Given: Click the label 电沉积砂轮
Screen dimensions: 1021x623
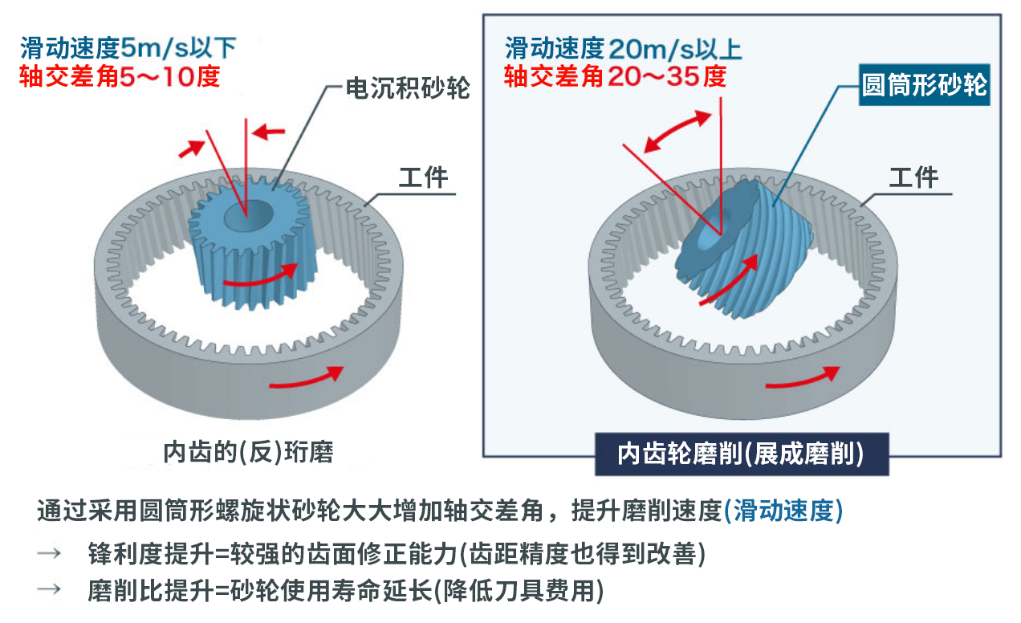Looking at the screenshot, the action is click(x=408, y=88).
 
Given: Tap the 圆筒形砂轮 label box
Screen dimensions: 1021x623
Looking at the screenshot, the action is click(x=925, y=85).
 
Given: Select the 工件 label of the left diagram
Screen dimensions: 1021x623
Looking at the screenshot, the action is click(x=424, y=177).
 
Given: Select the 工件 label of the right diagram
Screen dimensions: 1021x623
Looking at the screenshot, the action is click(x=913, y=177).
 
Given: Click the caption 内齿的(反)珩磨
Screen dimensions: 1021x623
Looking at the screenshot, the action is click(x=248, y=452).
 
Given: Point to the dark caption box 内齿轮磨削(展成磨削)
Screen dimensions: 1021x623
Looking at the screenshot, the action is click(x=742, y=454).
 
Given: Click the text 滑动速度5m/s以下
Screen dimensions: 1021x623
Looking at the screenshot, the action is click(x=128, y=48).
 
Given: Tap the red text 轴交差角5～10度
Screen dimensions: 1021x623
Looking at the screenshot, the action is click(x=120, y=76).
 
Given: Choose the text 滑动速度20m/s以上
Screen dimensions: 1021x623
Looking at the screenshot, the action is click(x=623, y=49).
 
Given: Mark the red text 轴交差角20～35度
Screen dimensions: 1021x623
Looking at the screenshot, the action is click(x=615, y=76).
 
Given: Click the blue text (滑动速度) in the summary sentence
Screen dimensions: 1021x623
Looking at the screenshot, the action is click(x=783, y=511).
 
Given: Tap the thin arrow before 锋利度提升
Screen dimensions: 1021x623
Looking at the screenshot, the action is click(x=49, y=554).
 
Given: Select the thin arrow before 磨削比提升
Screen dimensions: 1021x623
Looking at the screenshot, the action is click(x=49, y=588).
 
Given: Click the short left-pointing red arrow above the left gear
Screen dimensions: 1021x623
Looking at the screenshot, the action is click(x=268, y=132).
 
